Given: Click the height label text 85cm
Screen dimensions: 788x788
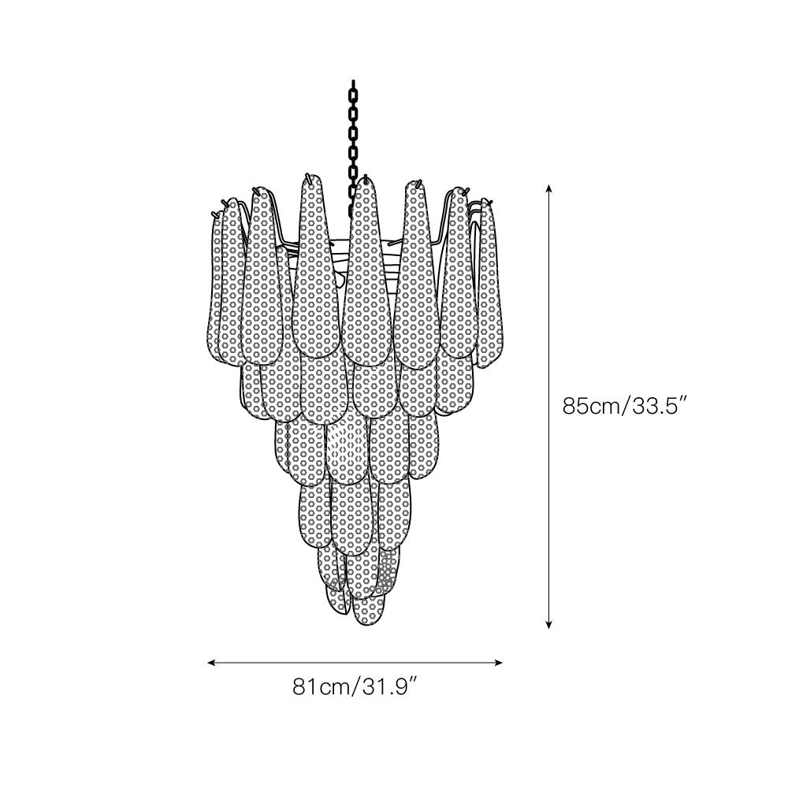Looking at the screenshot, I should [x=592, y=407].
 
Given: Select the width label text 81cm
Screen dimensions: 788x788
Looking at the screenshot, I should [x=320, y=687].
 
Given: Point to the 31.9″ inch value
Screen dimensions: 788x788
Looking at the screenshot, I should [x=386, y=687].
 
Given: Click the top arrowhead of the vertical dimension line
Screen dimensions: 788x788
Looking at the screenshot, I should [x=549, y=188].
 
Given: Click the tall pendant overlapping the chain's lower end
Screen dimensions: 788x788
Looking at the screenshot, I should [x=367, y=268].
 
